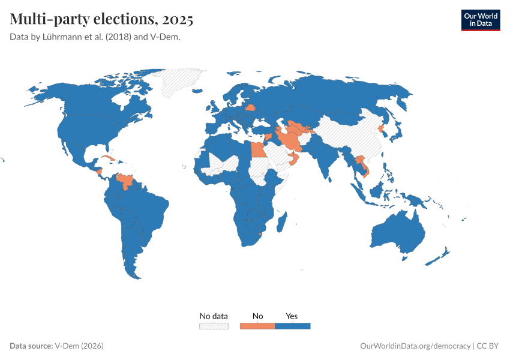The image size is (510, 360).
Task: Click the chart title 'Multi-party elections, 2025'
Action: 101,19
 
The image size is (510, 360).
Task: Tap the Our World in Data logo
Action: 480,19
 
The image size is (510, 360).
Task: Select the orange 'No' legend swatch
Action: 257,326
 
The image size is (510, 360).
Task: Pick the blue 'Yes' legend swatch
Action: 292,326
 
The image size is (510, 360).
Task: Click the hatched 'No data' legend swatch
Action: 214,326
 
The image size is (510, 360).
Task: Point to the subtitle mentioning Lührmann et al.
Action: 95,37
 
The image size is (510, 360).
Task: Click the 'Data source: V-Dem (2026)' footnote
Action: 57,346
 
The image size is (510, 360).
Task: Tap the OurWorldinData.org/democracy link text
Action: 415,346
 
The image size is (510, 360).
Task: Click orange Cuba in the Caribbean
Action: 108,159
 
